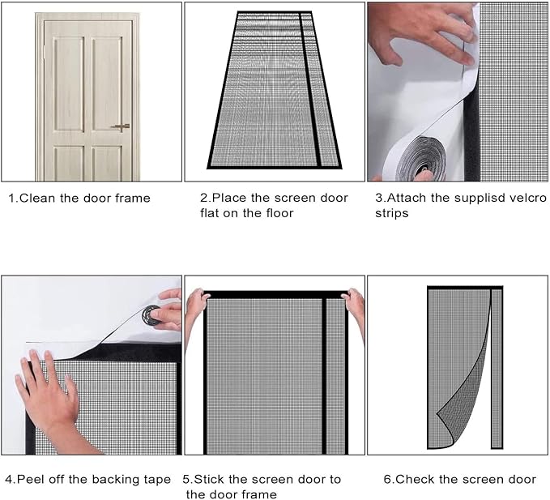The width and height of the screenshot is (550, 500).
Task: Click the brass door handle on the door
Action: [121, 127]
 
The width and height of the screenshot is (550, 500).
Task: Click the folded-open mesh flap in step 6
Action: [465, 389]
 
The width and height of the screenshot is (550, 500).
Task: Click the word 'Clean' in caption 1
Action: [39, 198]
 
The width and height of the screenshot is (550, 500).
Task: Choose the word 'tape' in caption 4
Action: [156, 480]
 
